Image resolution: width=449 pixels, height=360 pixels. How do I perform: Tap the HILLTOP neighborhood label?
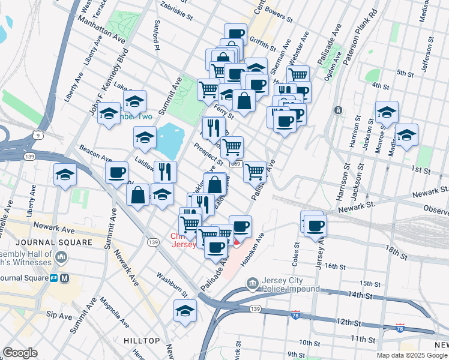(x=142, y=341)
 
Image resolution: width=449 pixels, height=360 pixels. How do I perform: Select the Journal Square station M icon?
(x=64, y=278)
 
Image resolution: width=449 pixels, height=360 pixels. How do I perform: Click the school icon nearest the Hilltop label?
(x=185, y=311)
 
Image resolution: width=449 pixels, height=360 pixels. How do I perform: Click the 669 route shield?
(x=235, y=164)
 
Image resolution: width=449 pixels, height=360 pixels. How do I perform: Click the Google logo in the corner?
(x=20, y=353)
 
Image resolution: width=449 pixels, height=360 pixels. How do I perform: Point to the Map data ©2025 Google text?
(x=412, y=355)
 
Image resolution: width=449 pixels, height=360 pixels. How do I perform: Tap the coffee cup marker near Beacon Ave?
(x=116, y=173)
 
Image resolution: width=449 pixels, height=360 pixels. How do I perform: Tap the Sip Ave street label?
(x=59, y=314)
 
